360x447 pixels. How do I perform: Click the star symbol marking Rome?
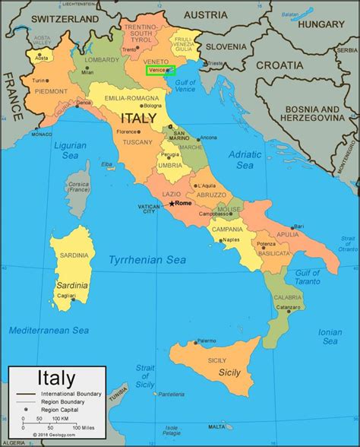pos(172,204)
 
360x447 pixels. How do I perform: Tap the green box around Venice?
pos(160,70)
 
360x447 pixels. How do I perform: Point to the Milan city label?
pos(87,72)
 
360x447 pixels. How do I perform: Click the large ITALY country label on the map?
pos(138,118)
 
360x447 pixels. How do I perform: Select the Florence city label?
pos(125,132)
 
